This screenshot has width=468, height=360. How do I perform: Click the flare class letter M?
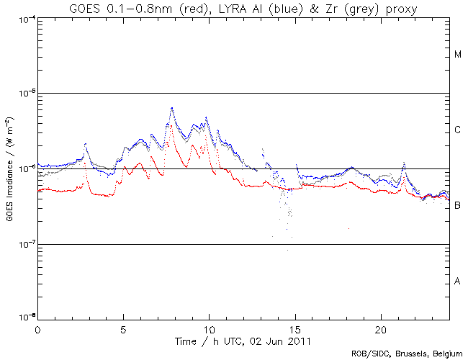(x=458, y=55)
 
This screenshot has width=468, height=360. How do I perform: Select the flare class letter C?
(x=458, y=130)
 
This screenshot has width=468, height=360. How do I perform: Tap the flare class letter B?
(x=458, y=206)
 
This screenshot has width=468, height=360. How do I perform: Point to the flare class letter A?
(x=458, y=282)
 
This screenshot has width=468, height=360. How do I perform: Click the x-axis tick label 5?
(x=123, y=328)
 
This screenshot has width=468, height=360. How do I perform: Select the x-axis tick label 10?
(x=209, y=328)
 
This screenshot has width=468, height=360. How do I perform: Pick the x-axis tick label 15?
(x=295, y=328)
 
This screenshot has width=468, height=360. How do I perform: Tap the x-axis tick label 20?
(x=381, y=328)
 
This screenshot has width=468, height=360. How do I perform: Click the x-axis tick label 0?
(x=37, y=328)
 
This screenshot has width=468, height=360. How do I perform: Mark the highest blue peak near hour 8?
(x=172, y=108)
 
